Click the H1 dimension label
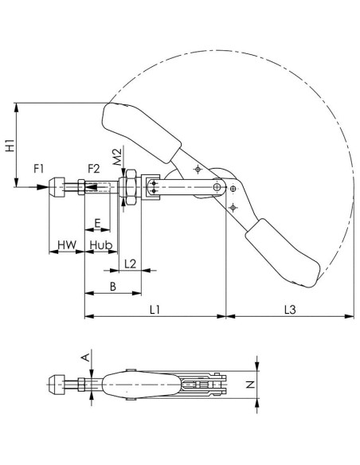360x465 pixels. pos(10,145)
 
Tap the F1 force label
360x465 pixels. pos(38,169)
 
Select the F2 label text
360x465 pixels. pos(94,169)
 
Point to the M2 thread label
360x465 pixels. pos(118,157)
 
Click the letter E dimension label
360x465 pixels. pos(97,222)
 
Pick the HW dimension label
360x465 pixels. pos(67,245)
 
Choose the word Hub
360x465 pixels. pos(101,245)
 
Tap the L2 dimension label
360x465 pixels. pos(130,264)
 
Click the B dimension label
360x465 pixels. pos(113,287)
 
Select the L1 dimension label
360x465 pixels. pos(155,310)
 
